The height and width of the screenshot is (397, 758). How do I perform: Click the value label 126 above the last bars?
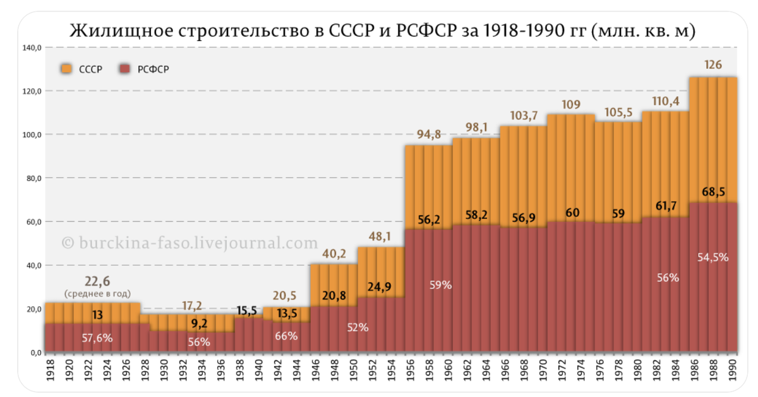713,65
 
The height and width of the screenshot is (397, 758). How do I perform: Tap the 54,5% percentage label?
713,257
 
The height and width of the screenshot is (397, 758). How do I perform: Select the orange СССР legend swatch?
67,69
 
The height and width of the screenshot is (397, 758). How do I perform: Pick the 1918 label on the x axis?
50,370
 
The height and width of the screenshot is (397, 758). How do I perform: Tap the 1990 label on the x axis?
733,370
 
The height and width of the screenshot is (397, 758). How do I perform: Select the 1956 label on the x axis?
411,370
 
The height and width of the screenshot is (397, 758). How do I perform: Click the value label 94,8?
428,134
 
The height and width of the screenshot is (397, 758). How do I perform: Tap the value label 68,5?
713,191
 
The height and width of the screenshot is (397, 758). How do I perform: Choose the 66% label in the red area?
286,336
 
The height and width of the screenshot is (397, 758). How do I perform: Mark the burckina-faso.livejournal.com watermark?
189,242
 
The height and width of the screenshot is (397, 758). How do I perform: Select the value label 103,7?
523,115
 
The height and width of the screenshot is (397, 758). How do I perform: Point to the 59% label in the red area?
440,285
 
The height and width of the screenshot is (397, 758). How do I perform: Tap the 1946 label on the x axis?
315,370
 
